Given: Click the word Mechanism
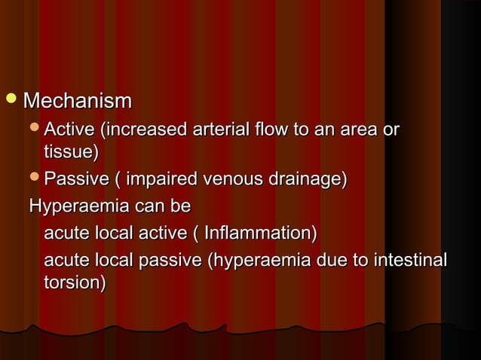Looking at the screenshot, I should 77,101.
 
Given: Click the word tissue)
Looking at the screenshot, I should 72,153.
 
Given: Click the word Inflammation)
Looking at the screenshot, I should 261,232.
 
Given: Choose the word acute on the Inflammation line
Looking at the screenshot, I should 65,232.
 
